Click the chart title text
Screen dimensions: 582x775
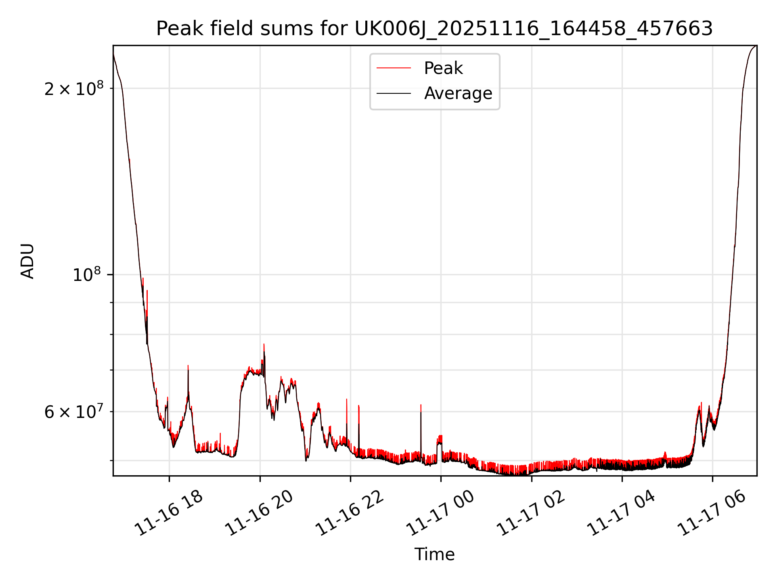434,29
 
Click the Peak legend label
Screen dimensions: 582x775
443,68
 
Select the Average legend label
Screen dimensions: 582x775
458,93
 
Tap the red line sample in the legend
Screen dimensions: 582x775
394,68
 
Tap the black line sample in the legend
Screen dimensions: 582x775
394,93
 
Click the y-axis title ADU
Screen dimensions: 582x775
27,261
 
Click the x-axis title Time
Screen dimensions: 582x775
434,555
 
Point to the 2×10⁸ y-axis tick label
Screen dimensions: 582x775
73,89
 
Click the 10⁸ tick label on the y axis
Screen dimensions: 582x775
86,275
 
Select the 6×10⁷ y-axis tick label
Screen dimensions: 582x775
73,412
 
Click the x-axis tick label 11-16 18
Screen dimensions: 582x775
169,513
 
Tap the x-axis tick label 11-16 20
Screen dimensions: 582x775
259,513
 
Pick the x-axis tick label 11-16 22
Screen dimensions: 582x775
350,513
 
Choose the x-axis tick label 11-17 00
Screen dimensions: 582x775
440,513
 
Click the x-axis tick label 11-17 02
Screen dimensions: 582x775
531,513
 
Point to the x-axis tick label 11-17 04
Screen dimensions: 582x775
621,513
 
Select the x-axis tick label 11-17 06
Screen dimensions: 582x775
712,513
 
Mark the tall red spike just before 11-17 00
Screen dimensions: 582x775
421,405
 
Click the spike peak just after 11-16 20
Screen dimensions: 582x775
264,345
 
